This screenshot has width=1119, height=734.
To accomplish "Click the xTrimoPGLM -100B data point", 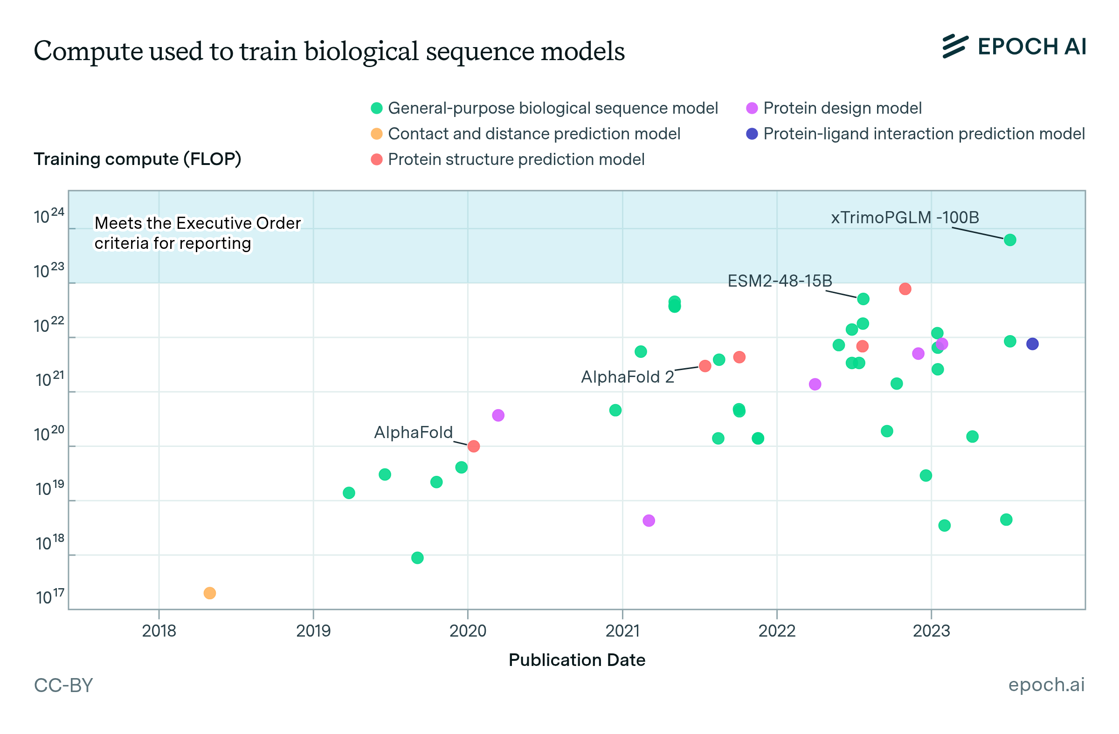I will point(1009,240).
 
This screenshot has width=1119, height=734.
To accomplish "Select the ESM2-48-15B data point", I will point(863,299).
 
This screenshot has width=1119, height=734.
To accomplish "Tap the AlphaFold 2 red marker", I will point(705,366).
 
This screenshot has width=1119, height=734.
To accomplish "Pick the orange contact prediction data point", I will point(210,593).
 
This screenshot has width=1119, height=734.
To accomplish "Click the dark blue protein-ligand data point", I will point(1032,344).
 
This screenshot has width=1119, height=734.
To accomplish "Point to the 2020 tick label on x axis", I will point(467,631).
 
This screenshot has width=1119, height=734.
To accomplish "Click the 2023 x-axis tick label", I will point(931,631).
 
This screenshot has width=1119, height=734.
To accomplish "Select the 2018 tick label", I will point(159,631).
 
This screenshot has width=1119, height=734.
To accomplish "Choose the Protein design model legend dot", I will point(752,108).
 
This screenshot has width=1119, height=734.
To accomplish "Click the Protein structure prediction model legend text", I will point(516,160).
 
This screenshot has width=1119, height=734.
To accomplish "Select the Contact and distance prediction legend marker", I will point(377,134).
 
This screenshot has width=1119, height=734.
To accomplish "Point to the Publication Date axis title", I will point(576,660).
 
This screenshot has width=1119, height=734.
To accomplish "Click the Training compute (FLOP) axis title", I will point(137,159).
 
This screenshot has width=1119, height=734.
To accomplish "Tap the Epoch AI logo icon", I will point(955,46).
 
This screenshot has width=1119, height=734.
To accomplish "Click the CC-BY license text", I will point(63,685).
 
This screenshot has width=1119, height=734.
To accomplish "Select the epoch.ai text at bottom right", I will point(1046,685).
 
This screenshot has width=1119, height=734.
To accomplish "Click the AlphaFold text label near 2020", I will point(413,432).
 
